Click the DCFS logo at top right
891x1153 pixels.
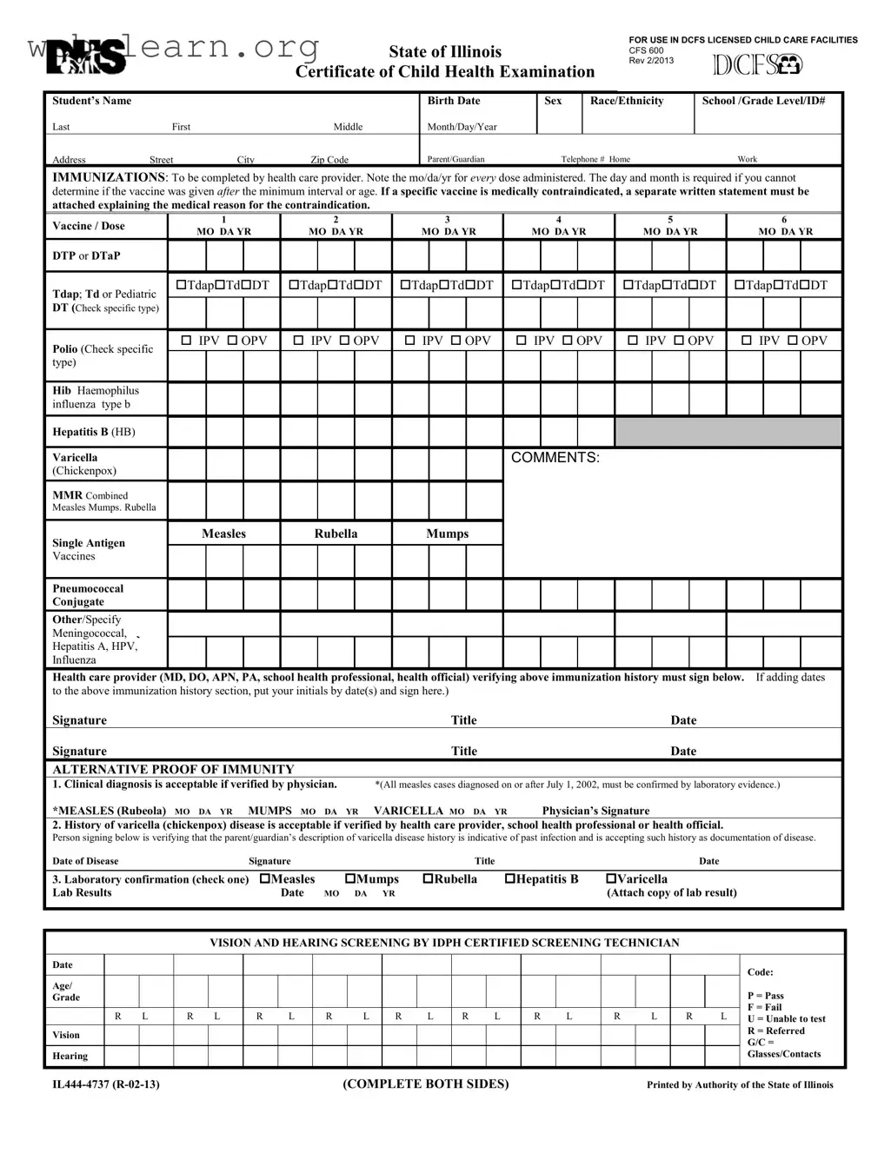coord(757,65)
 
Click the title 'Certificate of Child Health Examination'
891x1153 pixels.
coord(445,72)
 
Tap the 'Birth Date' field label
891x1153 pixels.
coord(453,101)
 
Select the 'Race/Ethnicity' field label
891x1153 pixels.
coord(626,101)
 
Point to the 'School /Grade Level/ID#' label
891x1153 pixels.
coord(763,101)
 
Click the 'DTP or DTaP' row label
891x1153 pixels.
coord(86,255)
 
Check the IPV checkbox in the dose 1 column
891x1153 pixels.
coord(186,341)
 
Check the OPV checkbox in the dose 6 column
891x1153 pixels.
coord(793,341)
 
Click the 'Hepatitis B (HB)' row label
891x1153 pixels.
coord(93,432)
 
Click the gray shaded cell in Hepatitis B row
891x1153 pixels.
coord(728,432)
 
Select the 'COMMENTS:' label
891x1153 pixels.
coord(555,458)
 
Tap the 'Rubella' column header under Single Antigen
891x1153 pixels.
coord(336,533)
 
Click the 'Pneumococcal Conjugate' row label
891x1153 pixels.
coord(87,595)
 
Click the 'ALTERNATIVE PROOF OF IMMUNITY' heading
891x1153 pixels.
coord(173,769)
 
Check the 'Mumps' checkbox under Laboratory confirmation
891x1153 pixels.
coord(350,879)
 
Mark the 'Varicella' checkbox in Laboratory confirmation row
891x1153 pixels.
coord(610,879)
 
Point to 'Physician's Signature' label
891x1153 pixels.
coord(595,811)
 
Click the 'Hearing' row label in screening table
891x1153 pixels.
coord(70,1056)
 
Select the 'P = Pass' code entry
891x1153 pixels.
coord(765,996)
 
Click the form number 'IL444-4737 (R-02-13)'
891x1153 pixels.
coord(105,1084)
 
